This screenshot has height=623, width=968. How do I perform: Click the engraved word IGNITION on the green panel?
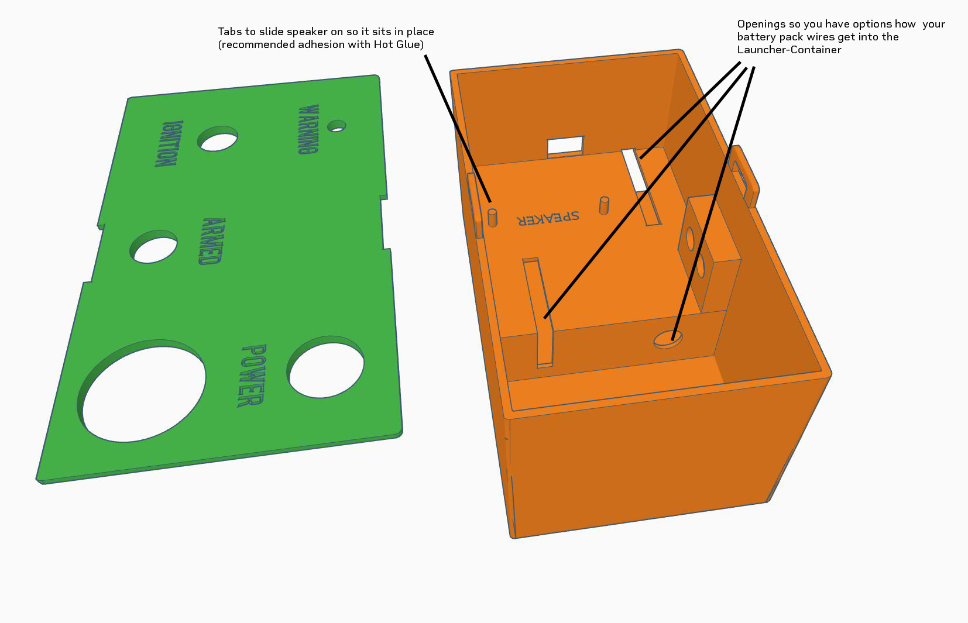[x=169, y=143]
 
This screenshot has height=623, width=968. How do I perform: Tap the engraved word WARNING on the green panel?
[x=308, y=129]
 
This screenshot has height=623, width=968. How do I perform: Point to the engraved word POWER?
[x=252, y=376]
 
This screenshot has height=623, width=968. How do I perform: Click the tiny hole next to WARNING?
[x=337, y=126]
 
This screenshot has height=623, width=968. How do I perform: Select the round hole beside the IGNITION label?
[x=217, y=139]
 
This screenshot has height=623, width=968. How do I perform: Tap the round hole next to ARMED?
[x=153, y=247]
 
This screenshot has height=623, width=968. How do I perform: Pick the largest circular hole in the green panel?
[x=141, y=391]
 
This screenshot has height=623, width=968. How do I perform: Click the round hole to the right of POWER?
[x=325, y=367]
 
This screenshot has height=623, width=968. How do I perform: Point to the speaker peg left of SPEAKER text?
[x=492, y=218]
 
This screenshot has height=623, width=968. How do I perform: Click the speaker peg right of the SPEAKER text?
[x=604, y=205]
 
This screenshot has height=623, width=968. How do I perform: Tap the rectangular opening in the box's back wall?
[x=566, y=146]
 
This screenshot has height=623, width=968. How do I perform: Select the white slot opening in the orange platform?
[x=634, y=170]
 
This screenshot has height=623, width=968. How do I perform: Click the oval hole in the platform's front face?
[x=668, y=340]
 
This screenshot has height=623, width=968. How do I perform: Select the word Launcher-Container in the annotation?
[x=789, y=50]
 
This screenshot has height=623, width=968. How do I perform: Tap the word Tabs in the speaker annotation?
[x=230, y=32]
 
